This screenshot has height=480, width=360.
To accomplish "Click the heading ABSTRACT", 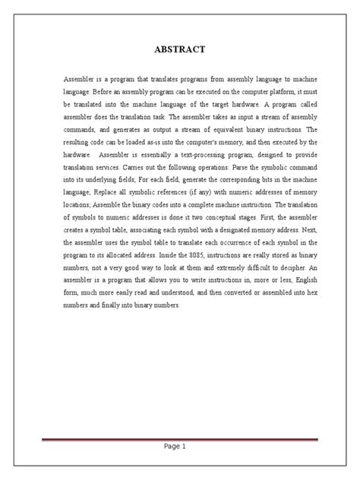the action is (x=179, y=51).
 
